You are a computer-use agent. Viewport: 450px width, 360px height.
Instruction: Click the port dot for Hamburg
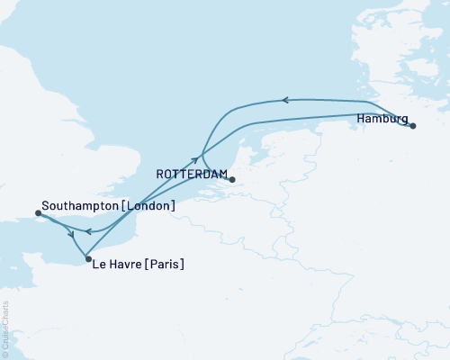[412, 126]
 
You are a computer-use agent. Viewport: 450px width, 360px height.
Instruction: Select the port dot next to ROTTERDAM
[231, 179]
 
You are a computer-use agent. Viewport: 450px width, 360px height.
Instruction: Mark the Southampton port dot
[38, 213]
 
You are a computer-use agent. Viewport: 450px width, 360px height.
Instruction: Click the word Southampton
[76, 206]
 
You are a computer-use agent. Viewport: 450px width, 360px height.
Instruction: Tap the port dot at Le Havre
[87, 259]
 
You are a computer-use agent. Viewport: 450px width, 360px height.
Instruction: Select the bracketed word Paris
[166, 264]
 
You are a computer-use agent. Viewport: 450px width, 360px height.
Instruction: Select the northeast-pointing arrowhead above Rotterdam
[194, 158]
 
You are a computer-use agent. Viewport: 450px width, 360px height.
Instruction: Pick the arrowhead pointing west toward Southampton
[89, 231]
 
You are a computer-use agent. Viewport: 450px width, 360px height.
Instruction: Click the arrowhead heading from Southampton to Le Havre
[72, 235]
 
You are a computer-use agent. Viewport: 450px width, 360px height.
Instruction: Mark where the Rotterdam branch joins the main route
[202, 153]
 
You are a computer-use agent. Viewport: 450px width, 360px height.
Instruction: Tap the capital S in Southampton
[45, 206]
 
